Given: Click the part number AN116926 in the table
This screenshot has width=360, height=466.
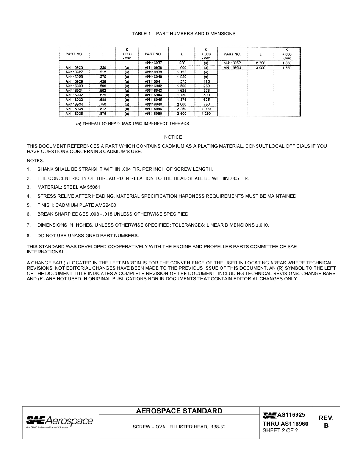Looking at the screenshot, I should click(74, 67).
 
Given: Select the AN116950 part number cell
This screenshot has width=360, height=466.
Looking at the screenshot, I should click(153, 113).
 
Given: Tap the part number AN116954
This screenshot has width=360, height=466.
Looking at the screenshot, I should click(232, 67).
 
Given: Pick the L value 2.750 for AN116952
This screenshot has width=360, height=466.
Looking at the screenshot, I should click(260, 63).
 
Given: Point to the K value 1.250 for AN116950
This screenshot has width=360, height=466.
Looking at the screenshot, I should click(206, 113).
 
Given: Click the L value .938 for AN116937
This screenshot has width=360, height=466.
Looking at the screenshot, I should click(182, 63).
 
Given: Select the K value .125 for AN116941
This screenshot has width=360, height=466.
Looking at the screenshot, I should click(206, 81).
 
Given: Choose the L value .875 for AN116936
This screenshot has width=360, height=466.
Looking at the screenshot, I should click(103, 113).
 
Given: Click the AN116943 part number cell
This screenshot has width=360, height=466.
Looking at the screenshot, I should click(153, 91).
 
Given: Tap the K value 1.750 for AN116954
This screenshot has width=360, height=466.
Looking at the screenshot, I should click(286, 67).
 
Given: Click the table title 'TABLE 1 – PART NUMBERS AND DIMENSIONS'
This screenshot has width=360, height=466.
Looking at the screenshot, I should click(183, 34).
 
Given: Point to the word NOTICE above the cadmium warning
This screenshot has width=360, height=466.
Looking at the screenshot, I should click(173, 137).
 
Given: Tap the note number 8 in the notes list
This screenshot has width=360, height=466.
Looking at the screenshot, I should click(28, 236).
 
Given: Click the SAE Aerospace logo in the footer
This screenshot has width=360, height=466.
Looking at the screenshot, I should click(59, 422).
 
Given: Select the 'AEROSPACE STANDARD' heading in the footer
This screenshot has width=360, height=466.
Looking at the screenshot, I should click(179, 411).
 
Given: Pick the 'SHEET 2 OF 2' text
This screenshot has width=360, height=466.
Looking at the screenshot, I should click(280, 431).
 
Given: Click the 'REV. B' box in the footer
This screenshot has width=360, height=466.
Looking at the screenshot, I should click(326, 422).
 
